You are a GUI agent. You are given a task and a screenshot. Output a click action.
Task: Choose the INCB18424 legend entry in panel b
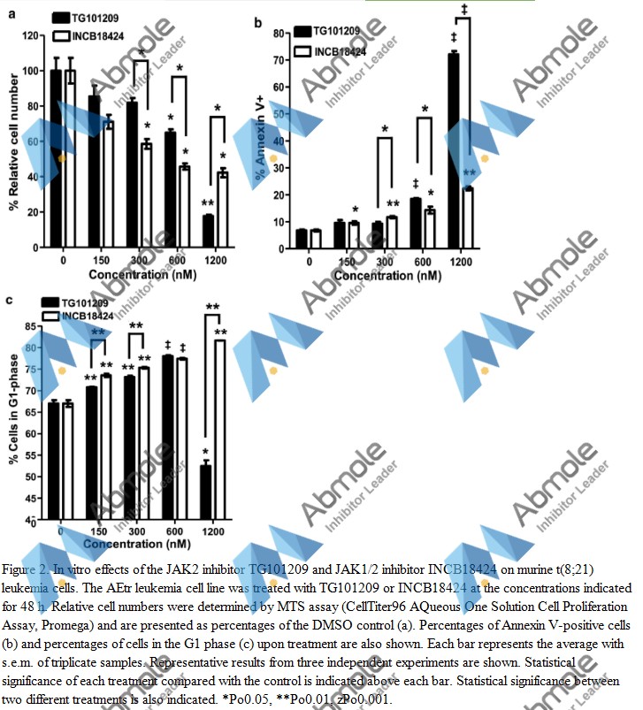[x=338, y=51]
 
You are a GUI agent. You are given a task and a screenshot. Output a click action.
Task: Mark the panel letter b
[x=258, y=20]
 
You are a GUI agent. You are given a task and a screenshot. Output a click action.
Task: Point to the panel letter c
[x=8, y=300]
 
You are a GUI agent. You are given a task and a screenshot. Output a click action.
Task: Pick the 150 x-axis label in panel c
[x=99, y=531]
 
